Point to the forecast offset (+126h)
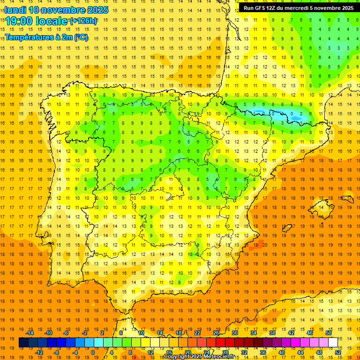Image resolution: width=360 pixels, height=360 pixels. [x=83, y=21]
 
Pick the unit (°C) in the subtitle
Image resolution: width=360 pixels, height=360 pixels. [x=81, y=37]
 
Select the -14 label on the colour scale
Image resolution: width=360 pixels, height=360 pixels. [x=30, y=333]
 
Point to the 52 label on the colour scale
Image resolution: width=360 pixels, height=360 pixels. [x=338, y=352]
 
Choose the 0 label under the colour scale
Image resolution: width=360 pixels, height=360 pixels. [x=93, y=352]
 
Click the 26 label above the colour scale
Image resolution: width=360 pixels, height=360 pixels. [x=216, y=333]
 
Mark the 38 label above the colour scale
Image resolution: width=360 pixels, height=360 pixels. [x=272, y=333]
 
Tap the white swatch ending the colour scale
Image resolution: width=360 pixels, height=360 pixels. [x=333, y=343]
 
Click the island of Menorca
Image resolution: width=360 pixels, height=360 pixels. [x=347, y=198]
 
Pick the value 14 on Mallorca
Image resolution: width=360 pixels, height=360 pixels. [x=322, y=207]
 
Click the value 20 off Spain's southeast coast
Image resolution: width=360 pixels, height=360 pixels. [x=265, y=245]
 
